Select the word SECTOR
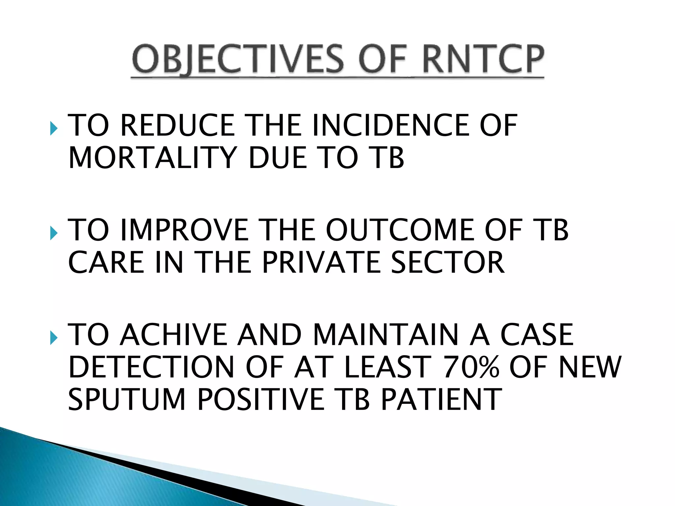tap(447, 263)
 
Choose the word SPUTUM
tap(127, 400)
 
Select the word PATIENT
tap(441, 400)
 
